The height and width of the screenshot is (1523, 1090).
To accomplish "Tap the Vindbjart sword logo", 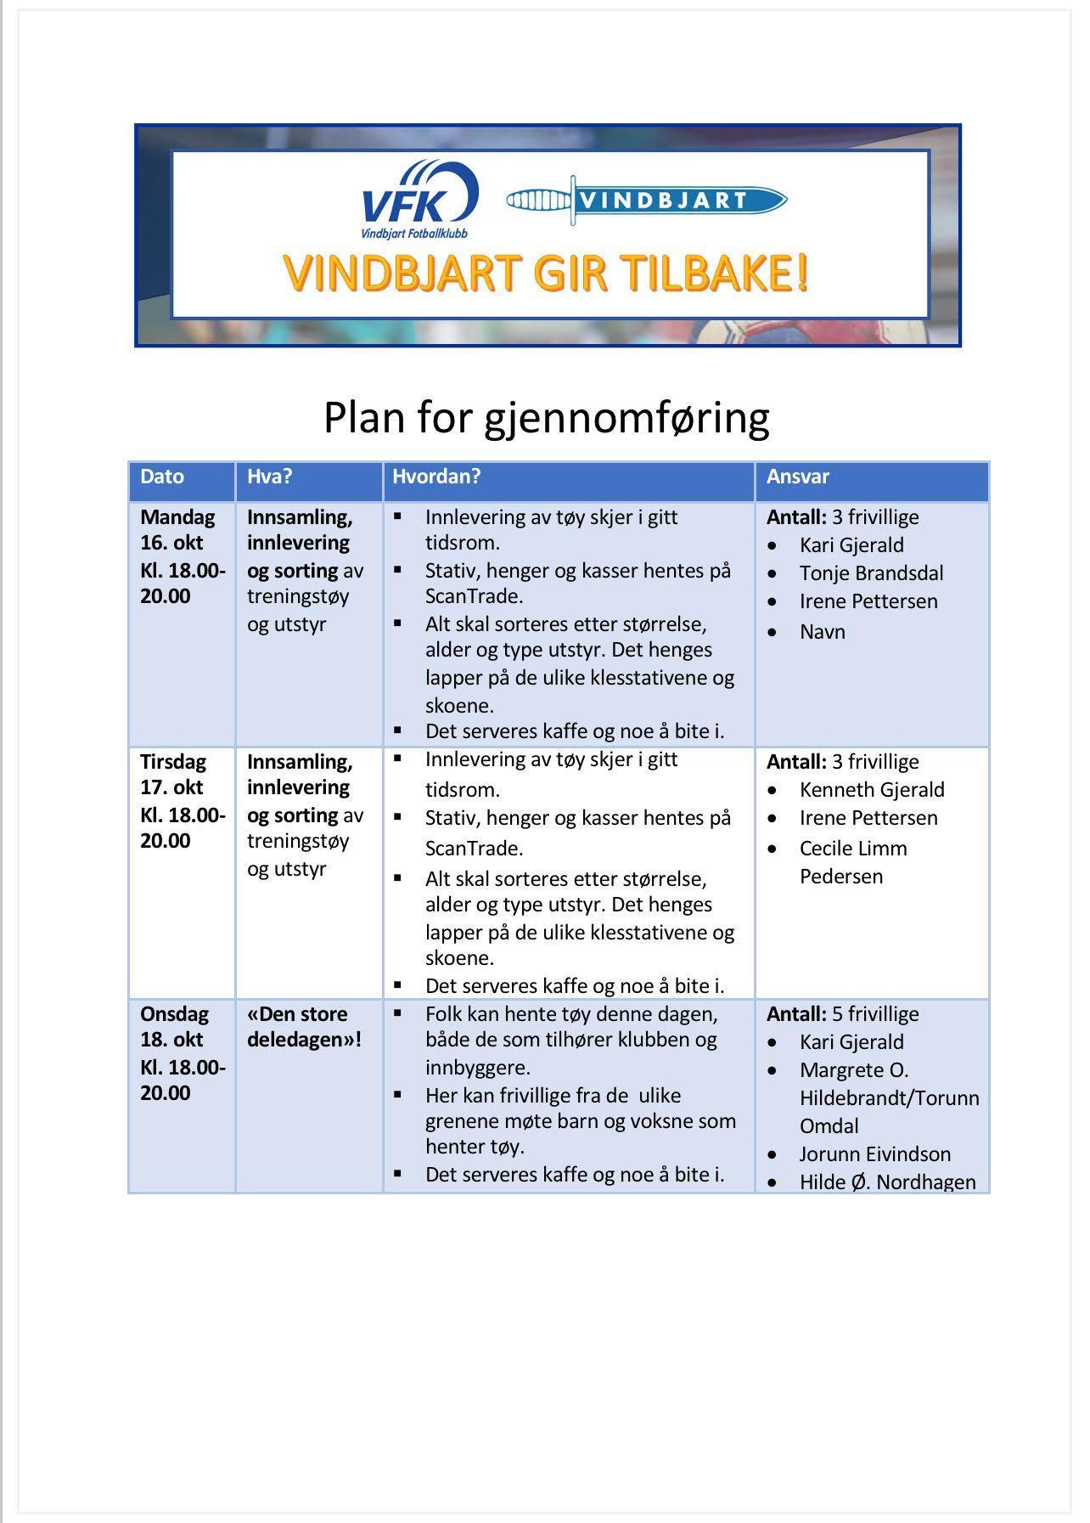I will click(646, 200).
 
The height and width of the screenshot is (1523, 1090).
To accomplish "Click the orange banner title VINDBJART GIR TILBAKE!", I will click(546, 274).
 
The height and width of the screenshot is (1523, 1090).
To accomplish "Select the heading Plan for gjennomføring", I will click(546, 417).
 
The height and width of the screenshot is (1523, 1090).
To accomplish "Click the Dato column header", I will click(162, 477).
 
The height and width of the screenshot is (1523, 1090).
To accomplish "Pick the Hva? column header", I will click(269, 477).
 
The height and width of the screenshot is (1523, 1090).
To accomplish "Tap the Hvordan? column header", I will click(436, 477).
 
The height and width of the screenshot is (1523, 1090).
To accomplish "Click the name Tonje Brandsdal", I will click(871, 573).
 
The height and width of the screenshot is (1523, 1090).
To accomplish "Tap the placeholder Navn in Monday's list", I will click(822, 632).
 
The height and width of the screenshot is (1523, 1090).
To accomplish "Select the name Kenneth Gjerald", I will click(871, 790).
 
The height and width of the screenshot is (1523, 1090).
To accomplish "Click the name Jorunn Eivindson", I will click(874, 1154).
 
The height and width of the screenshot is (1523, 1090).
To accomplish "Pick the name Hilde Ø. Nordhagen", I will click(887, 1182).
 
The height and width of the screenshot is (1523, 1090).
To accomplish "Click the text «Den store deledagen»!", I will click(304, 1027).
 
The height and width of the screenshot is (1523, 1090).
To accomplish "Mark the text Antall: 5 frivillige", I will click(842, 1014).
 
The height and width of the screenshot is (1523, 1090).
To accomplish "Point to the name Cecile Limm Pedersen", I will click(852, 862).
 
